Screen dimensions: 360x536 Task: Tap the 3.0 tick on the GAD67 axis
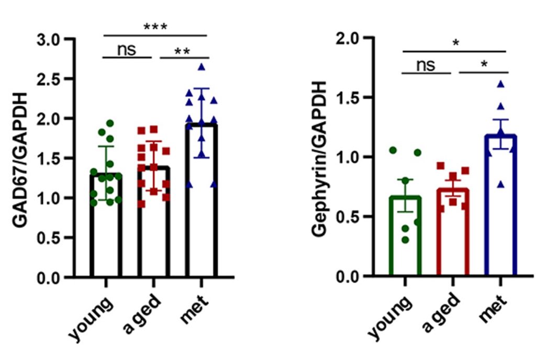[54, 39]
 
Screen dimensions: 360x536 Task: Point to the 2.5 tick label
[54, 79]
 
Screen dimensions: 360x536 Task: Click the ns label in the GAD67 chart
[126, 50]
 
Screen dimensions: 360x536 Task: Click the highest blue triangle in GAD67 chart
[202, 67]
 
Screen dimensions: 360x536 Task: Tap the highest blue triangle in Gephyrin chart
[500, 84]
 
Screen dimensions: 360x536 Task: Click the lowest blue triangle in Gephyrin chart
[501, 184]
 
